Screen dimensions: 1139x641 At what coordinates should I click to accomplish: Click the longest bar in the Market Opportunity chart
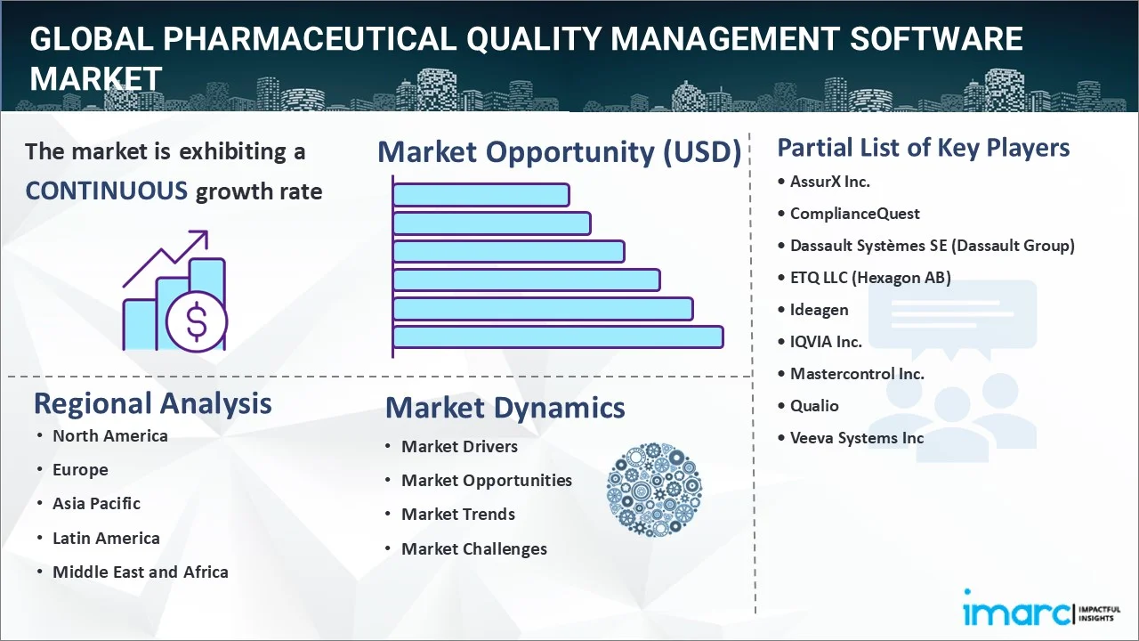coord(558,337)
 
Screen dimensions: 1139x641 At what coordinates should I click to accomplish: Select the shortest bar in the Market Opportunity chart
coord(481,195)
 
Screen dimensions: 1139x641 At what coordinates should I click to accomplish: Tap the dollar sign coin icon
coord(197,321)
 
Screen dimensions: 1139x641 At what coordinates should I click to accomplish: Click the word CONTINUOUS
coord(107,191)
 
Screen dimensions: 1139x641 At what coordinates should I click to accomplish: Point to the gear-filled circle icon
coord(654,490)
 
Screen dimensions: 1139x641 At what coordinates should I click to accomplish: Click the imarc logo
coord(1042,610)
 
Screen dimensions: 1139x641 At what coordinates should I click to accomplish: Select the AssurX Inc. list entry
coord(830,182)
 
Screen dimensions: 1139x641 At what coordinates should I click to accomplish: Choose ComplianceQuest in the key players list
coord(855,214)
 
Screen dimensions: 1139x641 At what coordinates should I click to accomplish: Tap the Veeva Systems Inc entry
coord(857,438)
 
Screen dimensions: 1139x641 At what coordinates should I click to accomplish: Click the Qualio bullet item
coord(814,406)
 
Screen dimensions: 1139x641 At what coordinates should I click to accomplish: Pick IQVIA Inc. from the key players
coord(826,342)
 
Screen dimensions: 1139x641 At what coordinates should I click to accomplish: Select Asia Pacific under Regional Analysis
coord(97,504)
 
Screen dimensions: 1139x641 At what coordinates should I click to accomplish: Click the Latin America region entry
coord(106,538)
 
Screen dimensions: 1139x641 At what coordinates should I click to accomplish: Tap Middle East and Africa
coord(141,572)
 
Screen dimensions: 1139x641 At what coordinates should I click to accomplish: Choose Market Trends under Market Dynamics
coord(458,515)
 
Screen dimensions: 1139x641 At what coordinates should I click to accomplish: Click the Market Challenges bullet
coord(474,549)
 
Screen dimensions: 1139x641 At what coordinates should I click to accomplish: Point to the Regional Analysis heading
coord(152,404)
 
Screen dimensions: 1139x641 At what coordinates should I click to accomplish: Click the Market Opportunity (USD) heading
coord(560,152)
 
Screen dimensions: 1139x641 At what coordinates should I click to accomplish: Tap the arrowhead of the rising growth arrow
coord(201,237)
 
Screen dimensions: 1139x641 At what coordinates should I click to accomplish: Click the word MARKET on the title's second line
coord(96,79)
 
